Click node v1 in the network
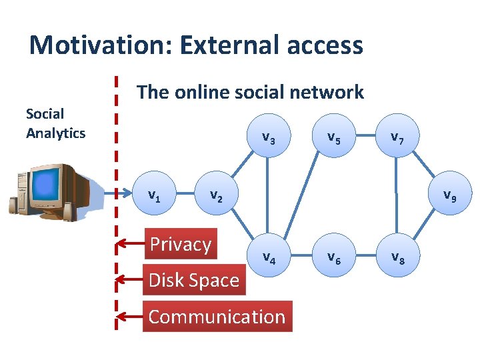pyautogui.click(x=153, y=196)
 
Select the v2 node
pyautogui.click(x=215, y=196)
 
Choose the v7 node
pyautogui.click(x=397, y=138)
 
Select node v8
pyautogui.click(x=397, y=256)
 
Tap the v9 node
pyautogui.click(x=449, y=196)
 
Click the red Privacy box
pyautogui.click(x=180, y=245)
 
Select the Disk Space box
pyautogui.click(x=194, y=280)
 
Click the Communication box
pyautogui.click(x=217, y=317)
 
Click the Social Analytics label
pyautogui.click(x=55, y=123)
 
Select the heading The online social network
pyautogui.click(x=250, y=92)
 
